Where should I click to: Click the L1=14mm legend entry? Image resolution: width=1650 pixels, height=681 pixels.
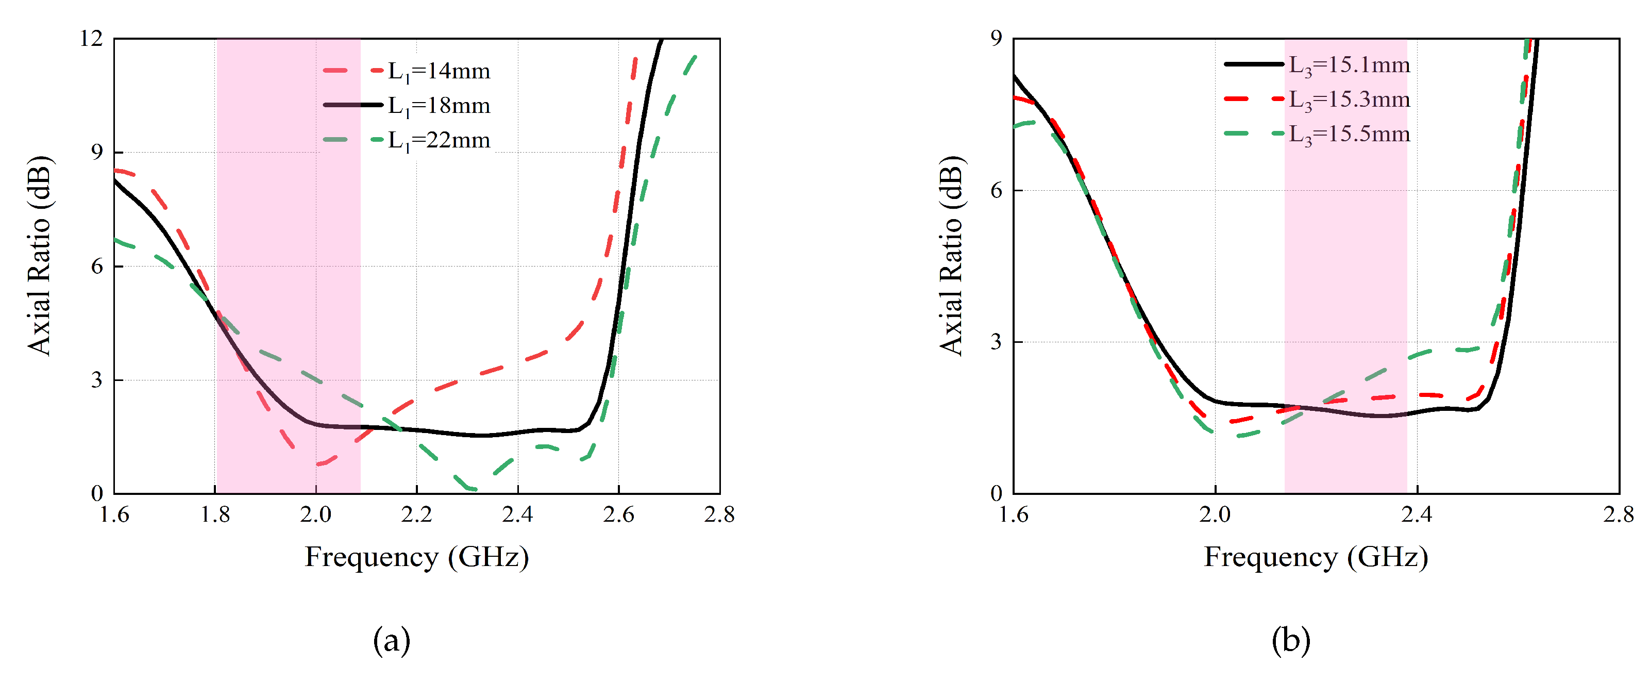439,71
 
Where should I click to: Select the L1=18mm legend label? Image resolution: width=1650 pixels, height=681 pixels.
439,106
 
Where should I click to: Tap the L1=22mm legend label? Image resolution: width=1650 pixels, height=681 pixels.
439,140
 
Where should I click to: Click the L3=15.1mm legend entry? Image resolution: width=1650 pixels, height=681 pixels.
1349,65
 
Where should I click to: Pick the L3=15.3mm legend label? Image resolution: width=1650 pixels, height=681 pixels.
1349,99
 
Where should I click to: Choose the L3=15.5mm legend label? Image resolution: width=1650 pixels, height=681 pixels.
1349,134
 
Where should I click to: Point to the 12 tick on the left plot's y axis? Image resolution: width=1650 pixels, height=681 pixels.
91,39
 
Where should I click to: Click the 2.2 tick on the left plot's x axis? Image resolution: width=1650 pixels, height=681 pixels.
416,514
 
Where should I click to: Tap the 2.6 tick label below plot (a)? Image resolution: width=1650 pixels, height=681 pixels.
618,514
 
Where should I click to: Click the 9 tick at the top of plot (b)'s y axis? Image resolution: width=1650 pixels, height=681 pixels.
996,39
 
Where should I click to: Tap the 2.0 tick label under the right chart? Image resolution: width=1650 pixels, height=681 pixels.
1215,514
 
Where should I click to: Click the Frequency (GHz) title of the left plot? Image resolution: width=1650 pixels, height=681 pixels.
416,557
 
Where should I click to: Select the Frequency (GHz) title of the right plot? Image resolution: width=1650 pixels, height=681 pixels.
1316,557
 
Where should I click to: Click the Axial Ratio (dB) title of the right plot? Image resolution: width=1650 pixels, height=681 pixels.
952,255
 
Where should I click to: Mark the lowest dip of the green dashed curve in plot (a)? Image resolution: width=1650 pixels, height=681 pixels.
473,489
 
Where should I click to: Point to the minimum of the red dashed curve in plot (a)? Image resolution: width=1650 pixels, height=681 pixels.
318,464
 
